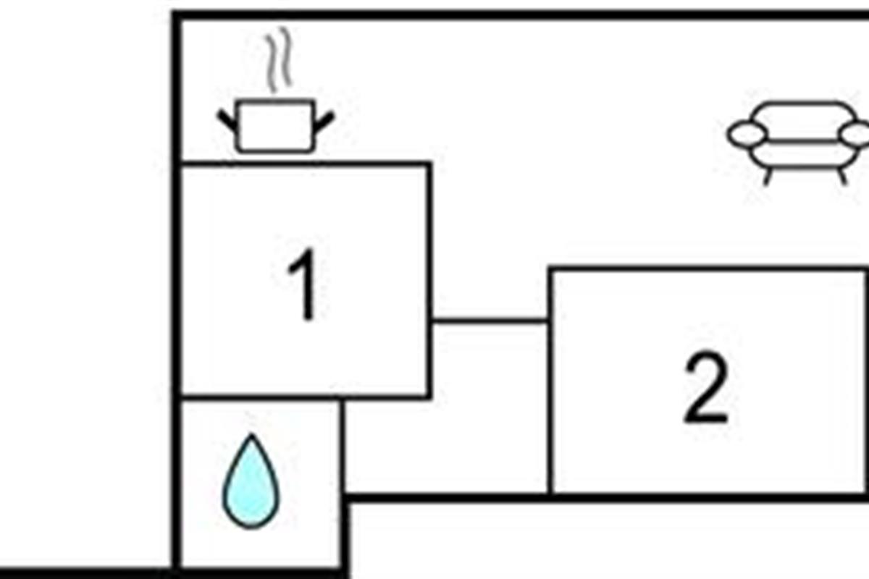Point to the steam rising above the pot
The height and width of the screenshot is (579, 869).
click(x=277, y=62)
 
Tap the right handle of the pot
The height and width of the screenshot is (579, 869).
click(x=324, y=122)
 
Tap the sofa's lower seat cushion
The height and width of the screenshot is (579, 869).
click(x=801, y=154)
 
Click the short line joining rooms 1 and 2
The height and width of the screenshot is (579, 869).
click(x=490, y=320)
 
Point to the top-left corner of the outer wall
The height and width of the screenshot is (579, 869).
click(x=176, y=15)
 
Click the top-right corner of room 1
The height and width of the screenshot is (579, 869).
click(x=429, y=165)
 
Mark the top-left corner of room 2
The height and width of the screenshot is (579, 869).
click(x=551, y=270)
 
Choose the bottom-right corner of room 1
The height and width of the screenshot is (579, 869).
click(x=429, y=397)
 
